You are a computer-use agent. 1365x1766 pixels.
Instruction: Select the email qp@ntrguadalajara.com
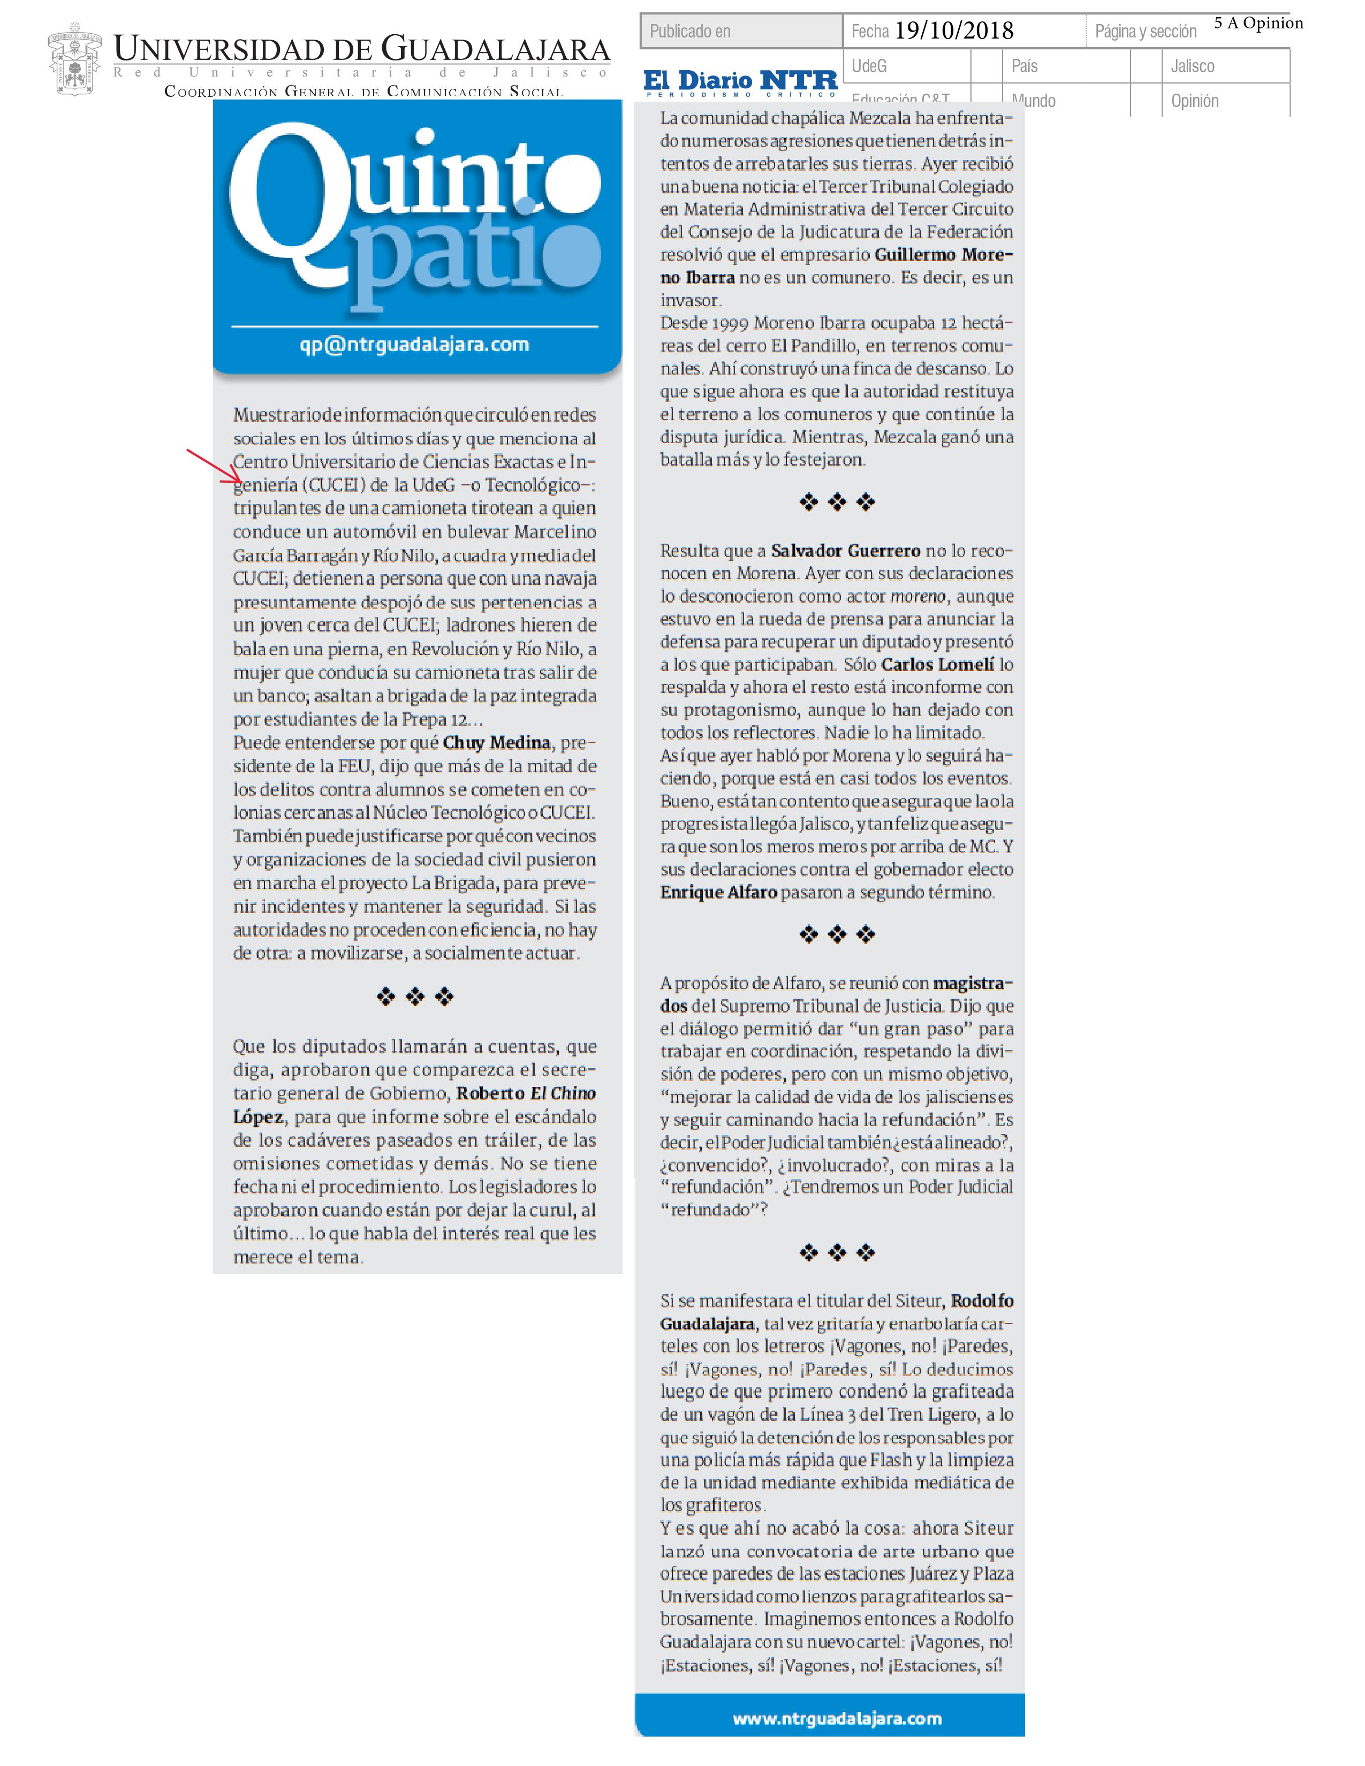(x=414, y=345)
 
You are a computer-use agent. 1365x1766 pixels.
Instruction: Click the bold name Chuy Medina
(x=497, y=742)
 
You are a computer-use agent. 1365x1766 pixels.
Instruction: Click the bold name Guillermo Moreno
(x=943, y=255)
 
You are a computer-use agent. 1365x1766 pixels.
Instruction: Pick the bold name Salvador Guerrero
(x=845, y=551)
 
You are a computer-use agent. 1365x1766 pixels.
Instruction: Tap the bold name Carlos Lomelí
(x=937, y=665)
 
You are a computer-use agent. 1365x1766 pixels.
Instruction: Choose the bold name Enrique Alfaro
(x=718, y=892)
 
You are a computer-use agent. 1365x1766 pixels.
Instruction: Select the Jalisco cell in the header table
(x=1192, y=66)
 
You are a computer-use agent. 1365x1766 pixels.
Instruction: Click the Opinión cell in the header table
(x=1194, y=101)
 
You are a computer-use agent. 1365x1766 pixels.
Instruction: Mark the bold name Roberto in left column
(x=490, y=1093)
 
